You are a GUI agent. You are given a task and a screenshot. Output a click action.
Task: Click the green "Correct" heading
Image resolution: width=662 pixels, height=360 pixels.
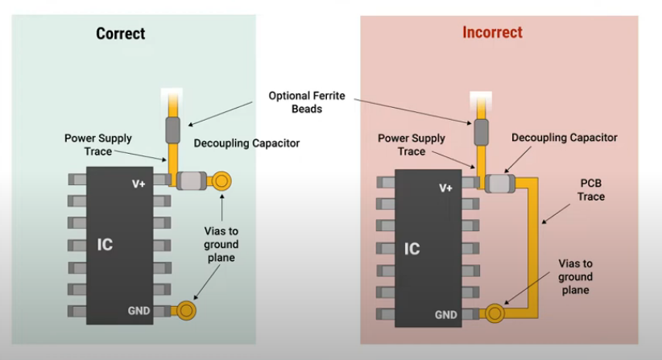tap(121, 33)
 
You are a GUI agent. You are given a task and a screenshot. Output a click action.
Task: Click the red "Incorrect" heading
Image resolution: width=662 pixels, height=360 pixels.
tap(492, 33)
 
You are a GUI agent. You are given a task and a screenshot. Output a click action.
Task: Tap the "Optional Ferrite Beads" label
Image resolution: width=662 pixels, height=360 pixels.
tap(307, 102)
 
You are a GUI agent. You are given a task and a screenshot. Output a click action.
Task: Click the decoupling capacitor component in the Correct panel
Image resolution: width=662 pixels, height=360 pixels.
tap(191, 182)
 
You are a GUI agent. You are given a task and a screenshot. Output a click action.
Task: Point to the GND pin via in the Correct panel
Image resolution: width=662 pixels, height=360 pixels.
tap(187, 309)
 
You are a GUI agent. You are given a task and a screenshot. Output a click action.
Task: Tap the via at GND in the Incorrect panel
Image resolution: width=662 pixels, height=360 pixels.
tap(494, 311)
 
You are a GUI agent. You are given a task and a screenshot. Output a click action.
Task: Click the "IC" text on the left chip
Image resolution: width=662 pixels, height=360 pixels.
tap(105, 245)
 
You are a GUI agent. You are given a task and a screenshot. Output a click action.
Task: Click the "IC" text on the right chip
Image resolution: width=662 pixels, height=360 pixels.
tap(412, 249)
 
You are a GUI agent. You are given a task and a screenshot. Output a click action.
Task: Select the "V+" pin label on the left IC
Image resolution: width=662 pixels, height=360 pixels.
tap(139, 184)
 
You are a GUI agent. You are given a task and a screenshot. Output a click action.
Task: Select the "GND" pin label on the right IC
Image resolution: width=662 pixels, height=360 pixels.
tap(448, 315)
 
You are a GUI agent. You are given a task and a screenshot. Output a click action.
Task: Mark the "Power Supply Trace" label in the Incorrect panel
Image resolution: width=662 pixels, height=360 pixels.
tap(412, 144)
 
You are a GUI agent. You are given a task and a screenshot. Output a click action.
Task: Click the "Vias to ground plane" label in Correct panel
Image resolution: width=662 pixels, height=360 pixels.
tap(221, 244)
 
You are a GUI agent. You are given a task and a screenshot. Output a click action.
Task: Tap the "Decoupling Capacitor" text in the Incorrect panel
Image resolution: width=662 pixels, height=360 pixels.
tap(565, 138)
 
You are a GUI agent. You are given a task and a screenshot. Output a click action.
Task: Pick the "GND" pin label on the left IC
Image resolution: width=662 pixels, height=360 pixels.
tap(139, 311)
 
